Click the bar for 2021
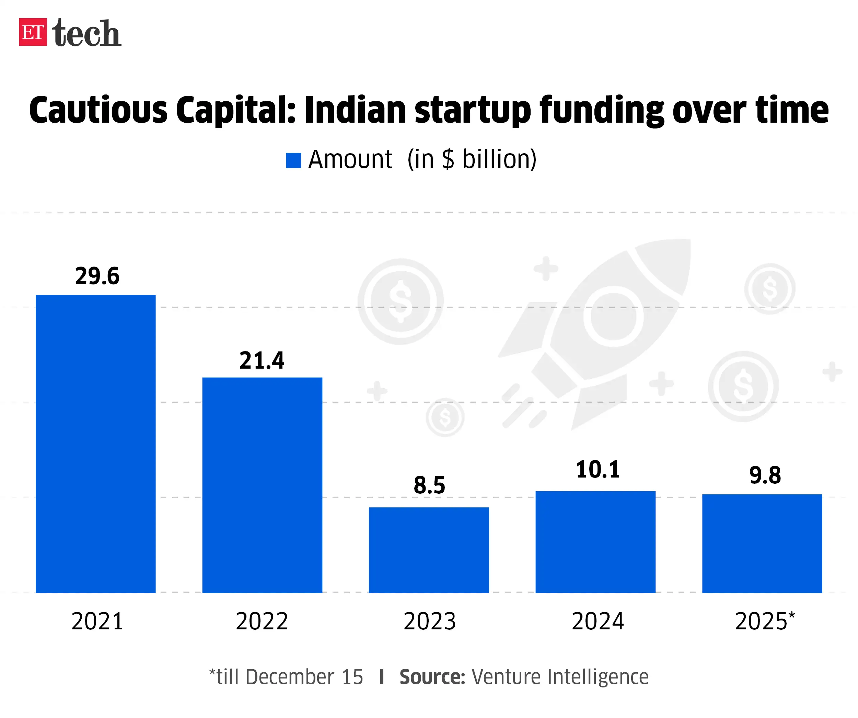coord(96,444)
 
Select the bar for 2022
coord(262,485)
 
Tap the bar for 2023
coord(429,550)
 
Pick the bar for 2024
coord(596,542)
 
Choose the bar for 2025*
coord(762,543)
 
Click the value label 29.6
coord(97,276)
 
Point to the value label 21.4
coord(262,361)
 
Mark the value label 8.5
coord(429,485)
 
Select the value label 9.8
coord(765,475)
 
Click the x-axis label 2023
coord(430,621)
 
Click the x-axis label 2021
coord(97,621)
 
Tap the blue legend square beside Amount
coord(293,160)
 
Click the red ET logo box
coord(33,32)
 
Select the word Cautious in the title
coord(98,110)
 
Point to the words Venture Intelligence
coord(560,677)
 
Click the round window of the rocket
coord(614,316)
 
